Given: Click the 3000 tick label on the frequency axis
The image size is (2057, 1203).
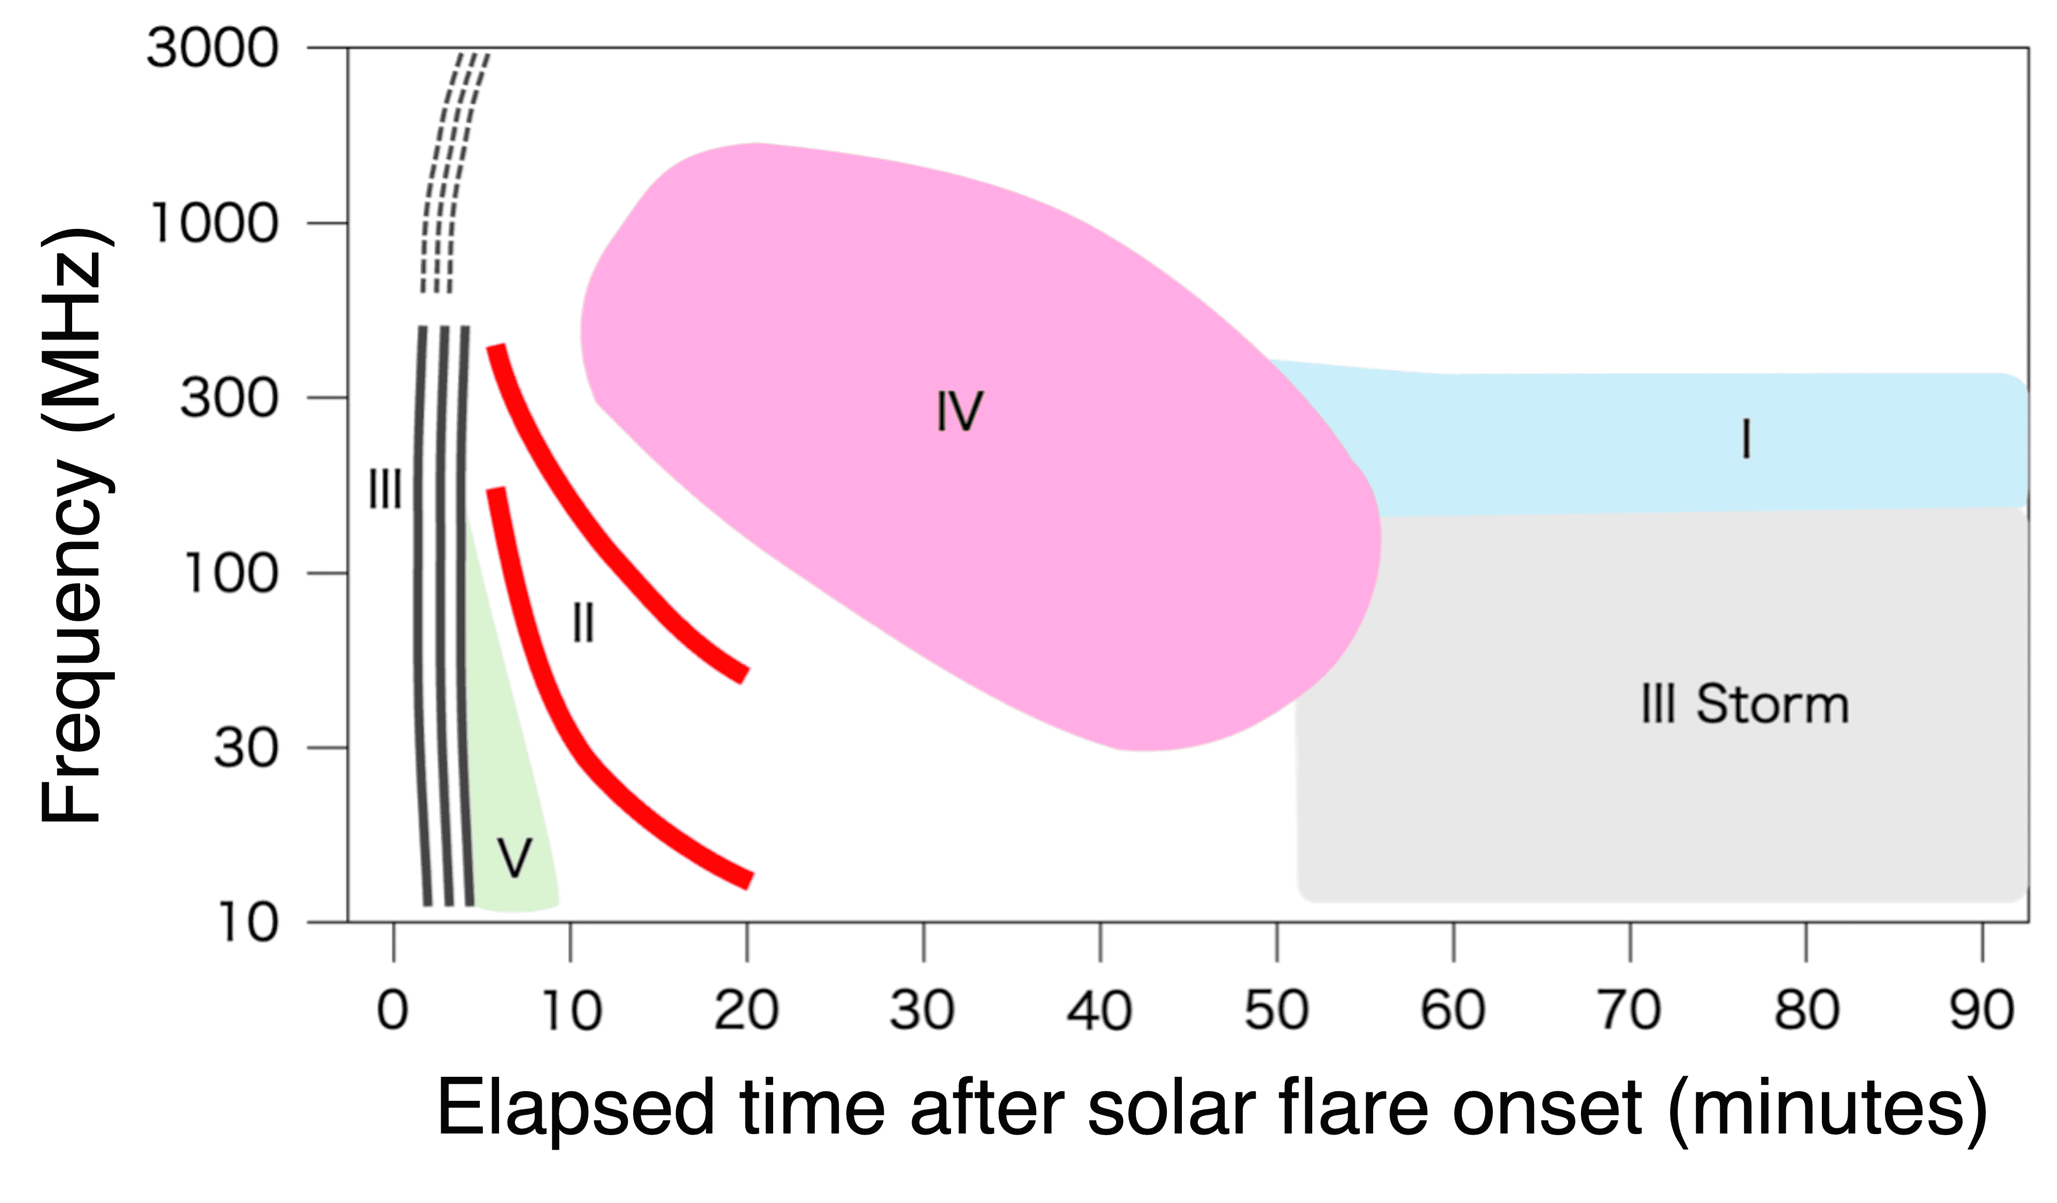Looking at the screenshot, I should [x=212, y=48].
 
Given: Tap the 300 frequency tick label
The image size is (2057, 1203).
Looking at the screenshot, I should [x=229, y=398].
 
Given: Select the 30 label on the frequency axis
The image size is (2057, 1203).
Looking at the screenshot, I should [x=245, y=747].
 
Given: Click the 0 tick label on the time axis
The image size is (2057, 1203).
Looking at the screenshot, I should [x=393, y=1011].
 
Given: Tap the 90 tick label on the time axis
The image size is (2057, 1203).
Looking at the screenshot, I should [x=1982, y=1011].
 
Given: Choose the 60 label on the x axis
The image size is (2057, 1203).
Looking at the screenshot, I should [x=1452, y=1011].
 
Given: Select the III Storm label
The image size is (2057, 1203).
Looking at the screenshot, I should [x=1745, y=704].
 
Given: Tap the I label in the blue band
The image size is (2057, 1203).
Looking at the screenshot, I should [x=1746, y=439].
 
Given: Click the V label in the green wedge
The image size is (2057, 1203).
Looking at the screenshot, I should [x=514, y=858].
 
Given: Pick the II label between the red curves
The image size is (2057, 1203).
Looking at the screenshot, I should [x=583, y=623].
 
